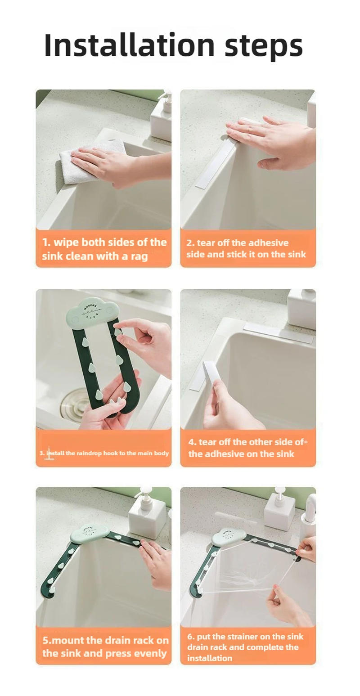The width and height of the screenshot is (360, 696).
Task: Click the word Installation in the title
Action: [130, 45]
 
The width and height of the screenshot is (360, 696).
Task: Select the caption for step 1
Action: [104, 249]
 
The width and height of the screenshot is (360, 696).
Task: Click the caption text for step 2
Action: [246, 249]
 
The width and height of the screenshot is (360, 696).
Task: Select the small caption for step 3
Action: [104, 453]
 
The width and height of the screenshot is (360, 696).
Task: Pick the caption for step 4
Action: [246, 448]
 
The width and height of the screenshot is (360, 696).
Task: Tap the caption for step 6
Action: [245, 647]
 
